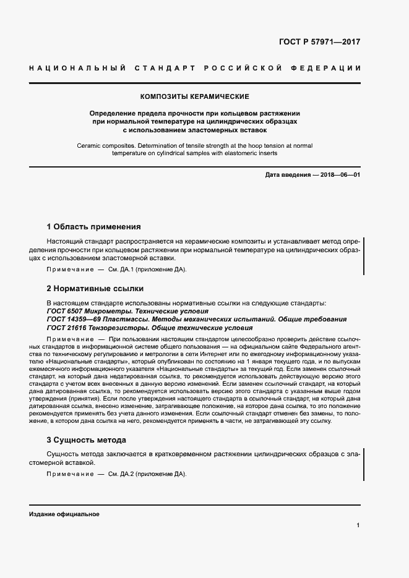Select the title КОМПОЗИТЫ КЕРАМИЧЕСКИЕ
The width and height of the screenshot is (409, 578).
195,97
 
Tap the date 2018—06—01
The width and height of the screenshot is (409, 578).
340,175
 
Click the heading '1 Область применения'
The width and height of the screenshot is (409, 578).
93,226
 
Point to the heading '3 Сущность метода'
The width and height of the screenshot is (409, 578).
87,440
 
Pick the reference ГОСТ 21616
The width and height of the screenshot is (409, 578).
66,327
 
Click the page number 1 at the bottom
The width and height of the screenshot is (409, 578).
358,525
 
